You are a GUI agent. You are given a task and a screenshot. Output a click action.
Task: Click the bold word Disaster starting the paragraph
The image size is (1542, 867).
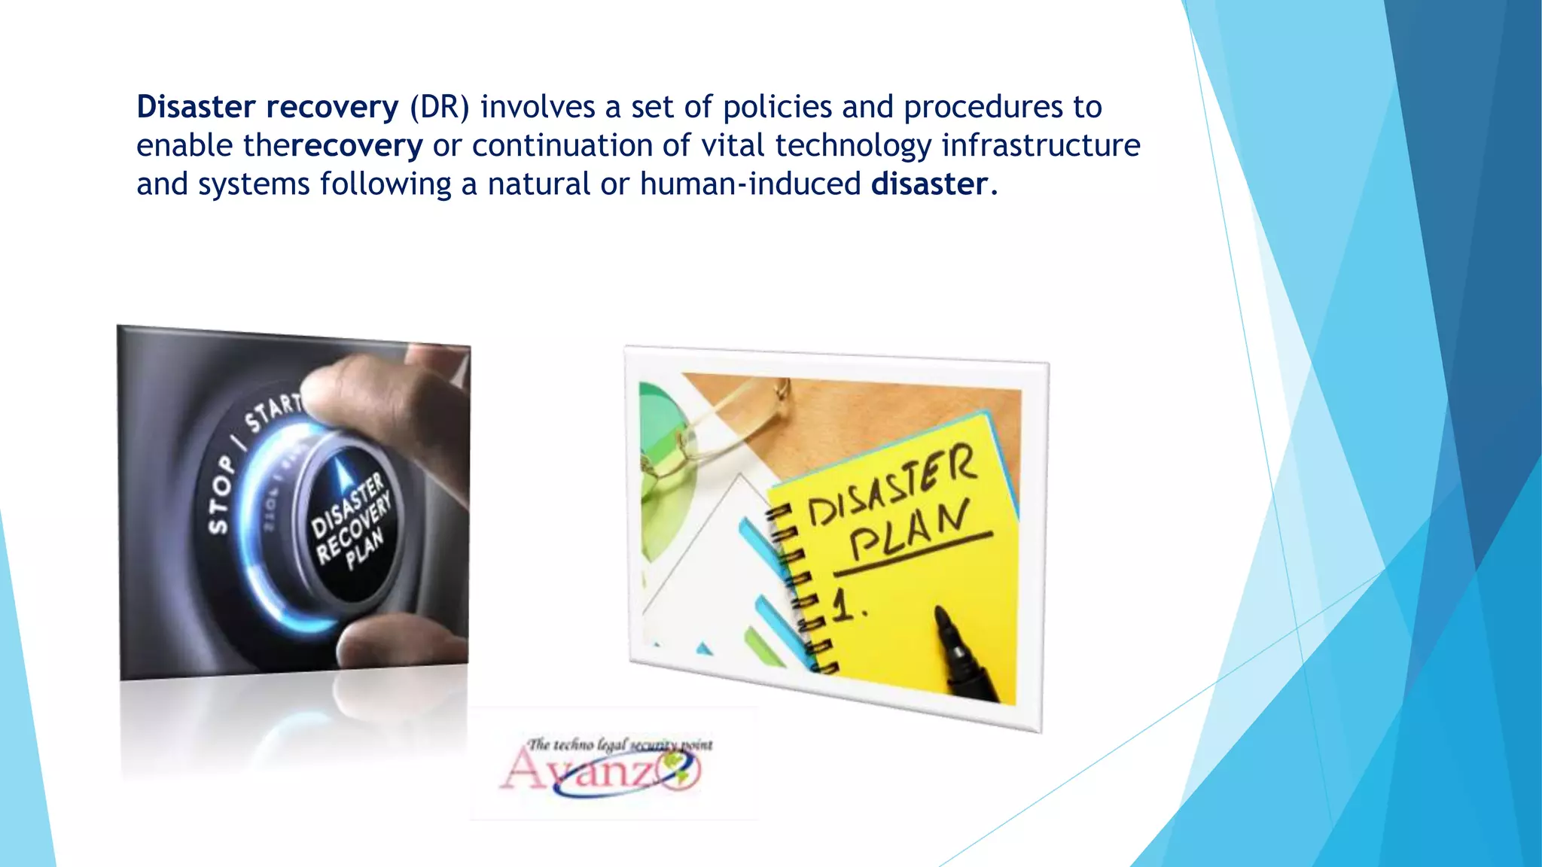196,107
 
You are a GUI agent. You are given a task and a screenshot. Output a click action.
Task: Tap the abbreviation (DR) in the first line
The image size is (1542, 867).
439,107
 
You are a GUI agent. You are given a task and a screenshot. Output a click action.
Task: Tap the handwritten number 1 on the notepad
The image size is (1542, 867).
845,603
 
